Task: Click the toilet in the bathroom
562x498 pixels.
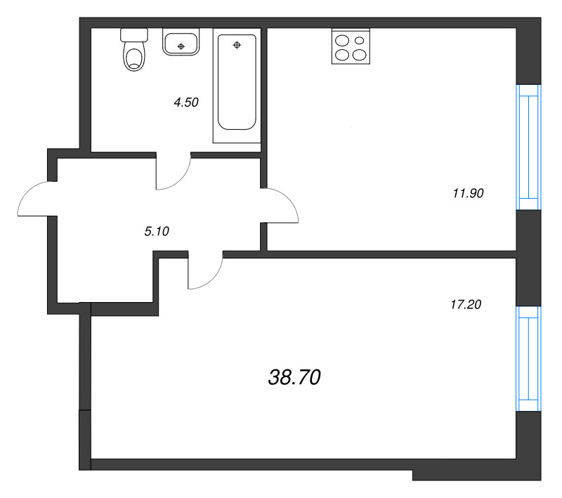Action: (x=133, y=53)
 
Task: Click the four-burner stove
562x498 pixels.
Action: (x=351, y=47)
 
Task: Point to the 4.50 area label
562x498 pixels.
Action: (x=186, y=103)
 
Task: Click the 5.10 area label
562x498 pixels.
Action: (x=157, y=230)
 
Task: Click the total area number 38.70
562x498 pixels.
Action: (x=294, y=378)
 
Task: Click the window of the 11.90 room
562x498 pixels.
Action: (x=528, y=147)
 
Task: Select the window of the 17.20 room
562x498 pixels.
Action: (x=528, y=358)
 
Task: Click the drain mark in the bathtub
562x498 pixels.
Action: (x=237, y=46)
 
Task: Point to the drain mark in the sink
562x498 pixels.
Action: (x=182, y=46)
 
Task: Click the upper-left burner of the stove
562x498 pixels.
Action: (x=343, y=40)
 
